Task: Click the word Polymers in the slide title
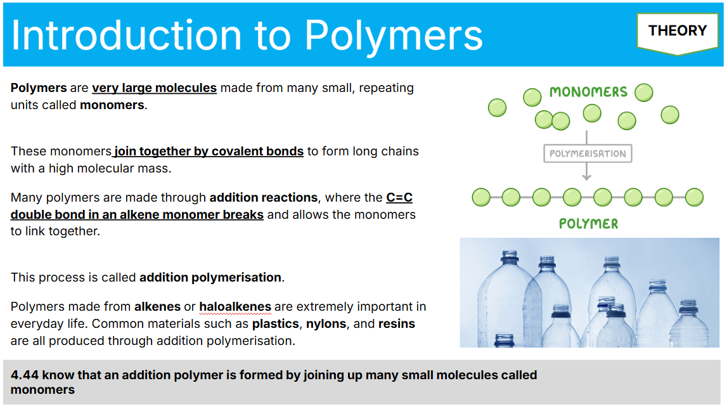(x=393, y=36)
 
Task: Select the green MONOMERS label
(x=588, y=92)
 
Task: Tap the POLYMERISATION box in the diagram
(x=588, y=153)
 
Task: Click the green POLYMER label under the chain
(x=588, y=224)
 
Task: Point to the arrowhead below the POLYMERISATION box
(x=586, y=177)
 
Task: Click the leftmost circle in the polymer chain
(x=481, y=197)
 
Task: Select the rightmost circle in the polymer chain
(x=694, y=197)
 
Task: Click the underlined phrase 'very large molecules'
(x=155, y=88)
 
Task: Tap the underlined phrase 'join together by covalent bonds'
(x=209, y=151)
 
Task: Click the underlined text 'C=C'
(x=399, y=198)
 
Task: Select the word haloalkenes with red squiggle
(x=235, y=307)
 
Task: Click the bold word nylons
(x=326, y=323)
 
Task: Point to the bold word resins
(x=396, y=323)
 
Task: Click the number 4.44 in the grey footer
(x=25, y=375)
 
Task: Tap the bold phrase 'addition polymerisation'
(x=210, y=277)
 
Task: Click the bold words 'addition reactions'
(x=263, y=198)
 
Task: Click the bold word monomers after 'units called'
(x=112, y=105)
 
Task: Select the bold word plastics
(x=276, y=323)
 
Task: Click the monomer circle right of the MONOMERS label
(x=643, y=93)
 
